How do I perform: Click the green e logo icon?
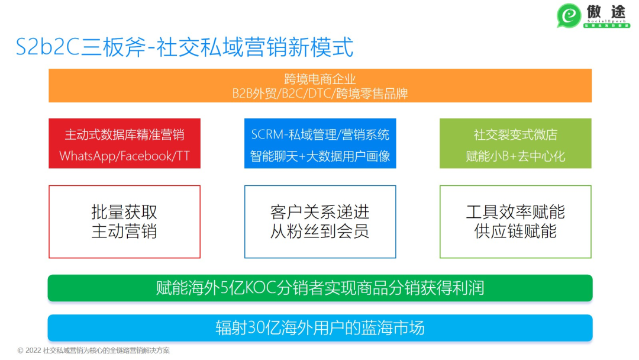[569, 15]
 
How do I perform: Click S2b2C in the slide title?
[47, 47]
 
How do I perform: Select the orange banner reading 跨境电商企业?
[320, 79]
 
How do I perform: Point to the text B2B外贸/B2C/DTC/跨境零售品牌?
[320, 94]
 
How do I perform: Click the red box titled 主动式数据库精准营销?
[124, 135]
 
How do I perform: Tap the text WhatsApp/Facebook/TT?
[124, 157]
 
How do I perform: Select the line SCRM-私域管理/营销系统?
[320, 135]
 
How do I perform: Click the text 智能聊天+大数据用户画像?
[320, 157]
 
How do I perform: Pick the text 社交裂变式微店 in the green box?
[515, 135]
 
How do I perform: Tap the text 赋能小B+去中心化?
[515, 157]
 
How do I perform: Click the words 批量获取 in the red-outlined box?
[124, 212]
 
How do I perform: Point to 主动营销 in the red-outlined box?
[124, 231]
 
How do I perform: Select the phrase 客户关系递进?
[320, 212]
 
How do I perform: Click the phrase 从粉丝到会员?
[320, 231]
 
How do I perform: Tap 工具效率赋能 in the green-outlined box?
[515, 212]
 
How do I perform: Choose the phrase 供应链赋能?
[515, 231]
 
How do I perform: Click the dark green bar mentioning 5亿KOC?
[320, 288]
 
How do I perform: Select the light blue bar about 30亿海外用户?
[320, 327]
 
